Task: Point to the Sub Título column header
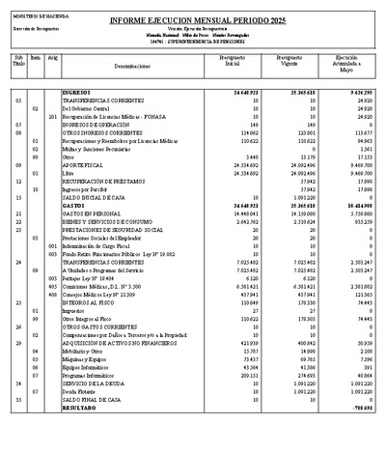point(18,61)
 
